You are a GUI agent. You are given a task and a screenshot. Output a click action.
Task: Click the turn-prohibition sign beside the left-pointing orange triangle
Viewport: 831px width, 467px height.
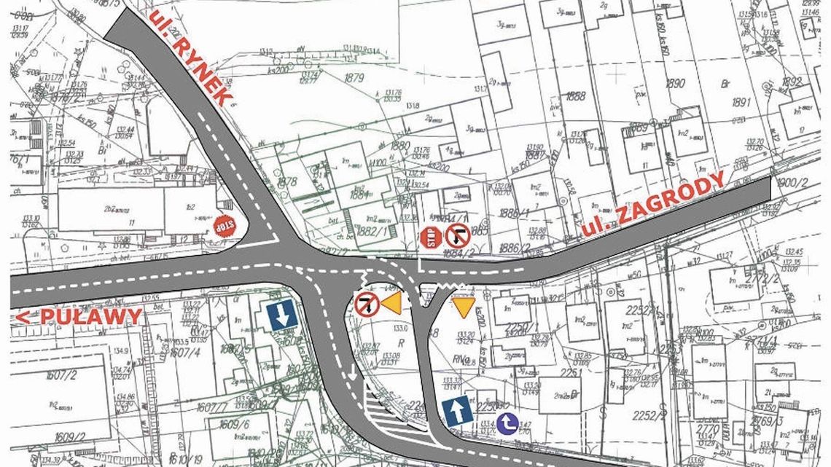pos(366,304)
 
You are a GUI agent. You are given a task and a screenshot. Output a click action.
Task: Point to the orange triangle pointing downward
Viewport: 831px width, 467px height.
pos(463,305)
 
